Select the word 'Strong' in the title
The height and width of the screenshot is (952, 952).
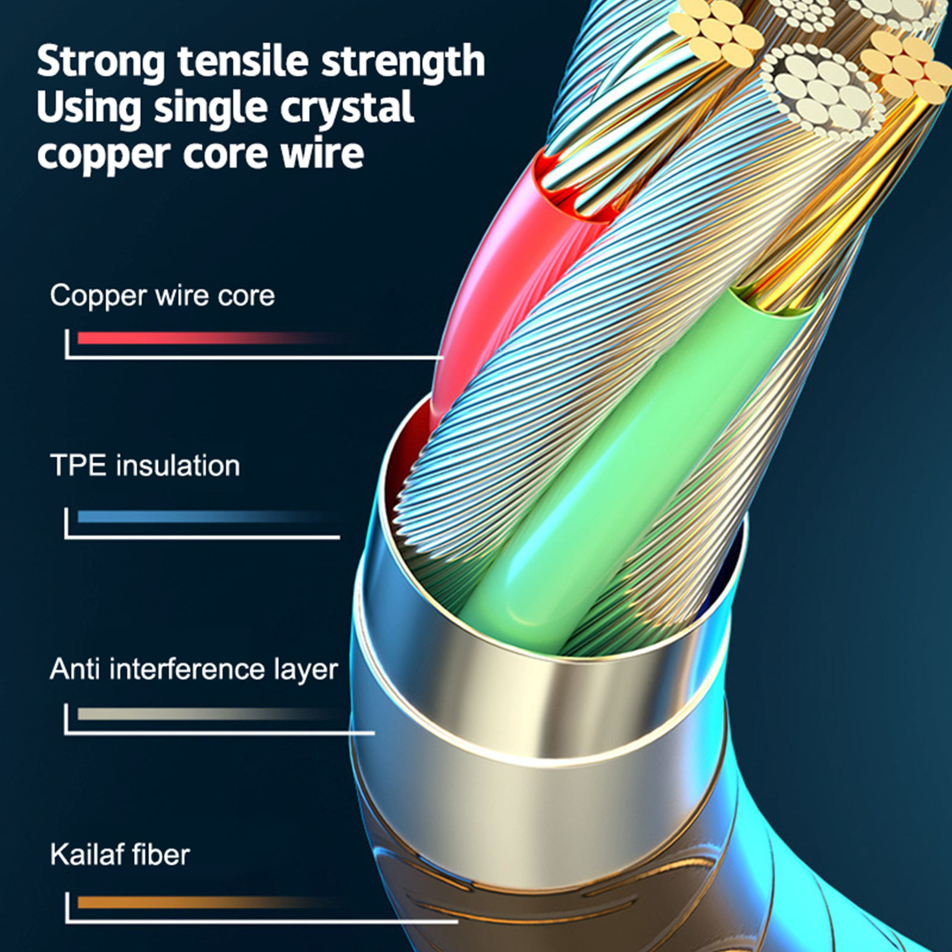pyautogui.click(x=101, y=62)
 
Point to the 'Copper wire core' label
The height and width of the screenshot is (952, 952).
pyautogui.click(x=162, y=296)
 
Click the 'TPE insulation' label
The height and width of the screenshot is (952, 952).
pyautogui.click(x=145, y=465)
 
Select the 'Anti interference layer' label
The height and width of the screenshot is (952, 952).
pyautogui.click(x=194, y=669)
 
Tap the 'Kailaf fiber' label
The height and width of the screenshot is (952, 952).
pyautogui.click(x=120, y=855)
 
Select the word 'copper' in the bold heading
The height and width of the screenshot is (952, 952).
pyautogui.click(x=104, y=155)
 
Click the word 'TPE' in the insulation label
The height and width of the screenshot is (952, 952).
pyautogui.click(x=77, y=465)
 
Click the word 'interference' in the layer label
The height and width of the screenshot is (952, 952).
pyautogui.click(x=187, y=669)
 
